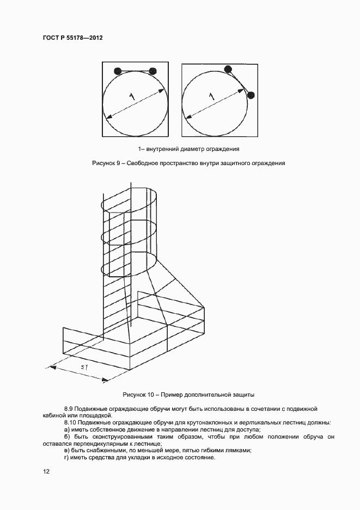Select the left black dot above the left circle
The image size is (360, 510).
(117, 71)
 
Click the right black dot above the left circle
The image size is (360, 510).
(152, 71)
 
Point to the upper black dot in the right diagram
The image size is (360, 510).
(228, 69)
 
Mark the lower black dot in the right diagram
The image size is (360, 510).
(251, 95)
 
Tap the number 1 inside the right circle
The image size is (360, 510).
(211, 96)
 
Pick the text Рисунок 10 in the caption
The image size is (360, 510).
(139, 394)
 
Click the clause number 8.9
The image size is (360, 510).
(69, 409)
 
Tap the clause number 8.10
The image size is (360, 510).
(70, 422)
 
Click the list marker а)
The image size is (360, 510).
(67, 429)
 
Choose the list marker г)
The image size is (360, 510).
(66, 457)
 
